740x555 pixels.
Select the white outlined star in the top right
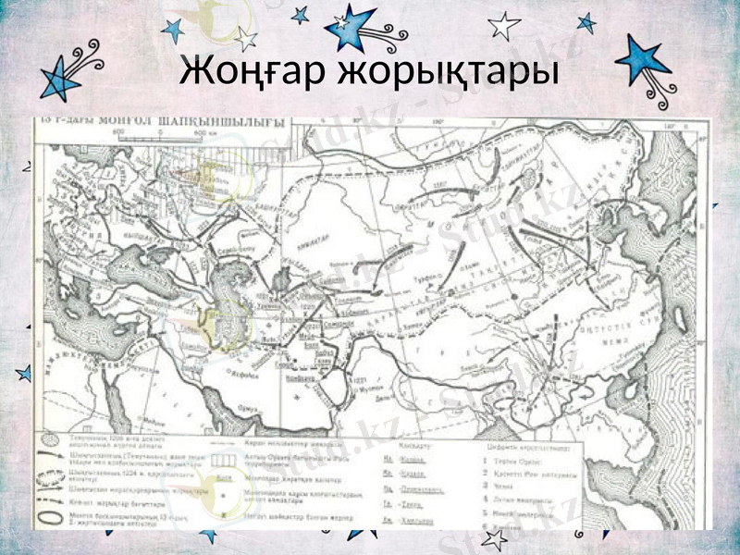click(503, 25)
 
